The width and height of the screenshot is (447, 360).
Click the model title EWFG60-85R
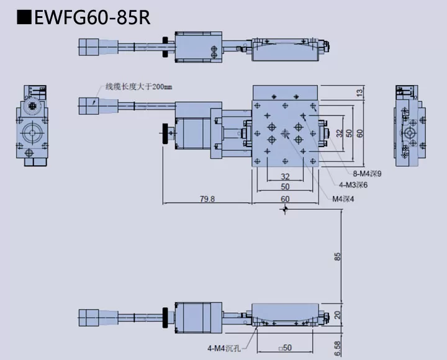tap(93, 17)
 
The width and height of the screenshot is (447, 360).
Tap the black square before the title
tap(24, 17)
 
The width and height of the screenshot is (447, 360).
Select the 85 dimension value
tap(337, 256)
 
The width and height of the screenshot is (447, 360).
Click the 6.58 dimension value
tap(337, 348)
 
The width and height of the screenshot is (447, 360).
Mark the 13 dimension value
tap(359, 92)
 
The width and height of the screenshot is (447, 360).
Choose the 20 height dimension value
tap(337, 315)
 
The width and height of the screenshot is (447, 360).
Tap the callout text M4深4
tap(345, 199)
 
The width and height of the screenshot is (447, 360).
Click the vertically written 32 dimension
tap(339, 133)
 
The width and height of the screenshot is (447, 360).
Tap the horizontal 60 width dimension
tap(285, 199)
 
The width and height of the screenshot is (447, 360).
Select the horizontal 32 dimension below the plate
tap(285, 176)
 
